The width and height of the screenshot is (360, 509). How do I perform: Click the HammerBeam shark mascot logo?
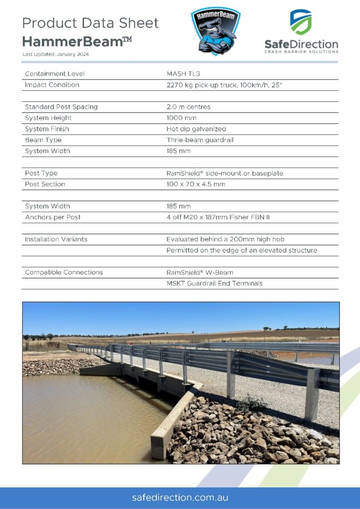pyautogui.click(x=215, y=31)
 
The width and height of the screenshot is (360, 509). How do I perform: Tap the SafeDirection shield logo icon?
pyautogui.click(x=301, y=22)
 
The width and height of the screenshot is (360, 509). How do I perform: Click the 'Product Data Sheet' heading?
pyautogui.click(x=90, y=23)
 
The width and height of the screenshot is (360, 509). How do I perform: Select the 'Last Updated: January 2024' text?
pyautogui.click(x=55, y=54)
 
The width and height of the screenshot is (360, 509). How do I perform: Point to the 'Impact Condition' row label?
pyautogui.click(x=52, y=85)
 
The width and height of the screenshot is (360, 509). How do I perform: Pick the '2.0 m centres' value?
pyautogui.click(x=188, y=107)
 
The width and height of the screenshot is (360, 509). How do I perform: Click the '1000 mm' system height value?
pyautogui.click(x=181, y=118)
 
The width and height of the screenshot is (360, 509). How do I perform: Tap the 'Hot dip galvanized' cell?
pyautogui.click(x=196, y=129)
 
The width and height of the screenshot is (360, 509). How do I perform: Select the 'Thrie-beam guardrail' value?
pyautogui.click(x=200, y=140)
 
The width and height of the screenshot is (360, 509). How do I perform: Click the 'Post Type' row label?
pyautogui.click(x=41, y=173)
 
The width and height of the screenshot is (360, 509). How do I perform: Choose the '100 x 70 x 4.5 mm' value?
pyautogui.click(x=195, y=184)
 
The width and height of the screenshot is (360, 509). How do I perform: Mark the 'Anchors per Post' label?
pyautogui.click(x=52, y=217)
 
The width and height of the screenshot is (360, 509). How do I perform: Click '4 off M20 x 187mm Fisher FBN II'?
pyautogui.click(x=218, y=217)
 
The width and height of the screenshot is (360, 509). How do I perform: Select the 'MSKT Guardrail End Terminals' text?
pyautogui.click(x=214, y=283)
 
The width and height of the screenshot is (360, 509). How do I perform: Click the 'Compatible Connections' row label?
pyautogui.click(x=64, y=272)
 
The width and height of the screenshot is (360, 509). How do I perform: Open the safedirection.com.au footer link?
pyautogui.click(x=180, y=498)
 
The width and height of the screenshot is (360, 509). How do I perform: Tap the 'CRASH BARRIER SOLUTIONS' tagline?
pyautogui.click(x=301, y=52)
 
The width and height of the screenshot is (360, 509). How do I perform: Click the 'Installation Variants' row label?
pyautogui.click(x=56, y=239)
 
